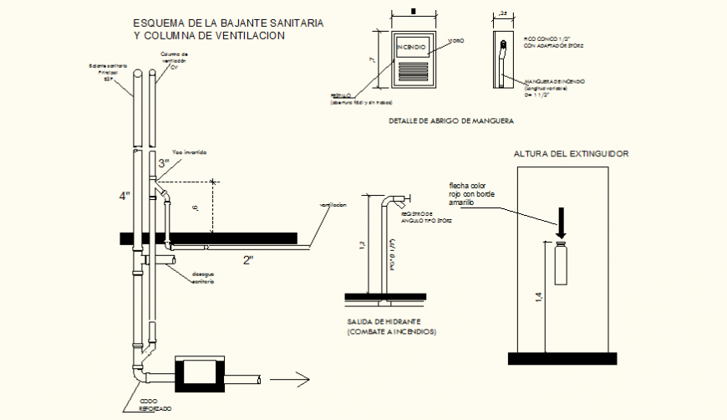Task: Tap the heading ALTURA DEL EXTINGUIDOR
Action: coord(572,154)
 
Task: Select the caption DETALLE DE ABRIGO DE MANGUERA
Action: coord(450,122)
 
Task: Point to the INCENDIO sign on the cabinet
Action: coord(412,46)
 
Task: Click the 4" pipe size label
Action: coord(125,196)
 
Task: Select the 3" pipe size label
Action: coord(164,164)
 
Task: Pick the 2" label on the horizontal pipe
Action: coord(248,260)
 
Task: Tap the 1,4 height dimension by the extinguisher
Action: coord(539,296)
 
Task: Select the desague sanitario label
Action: coord(202,278)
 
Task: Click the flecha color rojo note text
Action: coord(473,192)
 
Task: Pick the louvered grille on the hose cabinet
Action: coord(413,71)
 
